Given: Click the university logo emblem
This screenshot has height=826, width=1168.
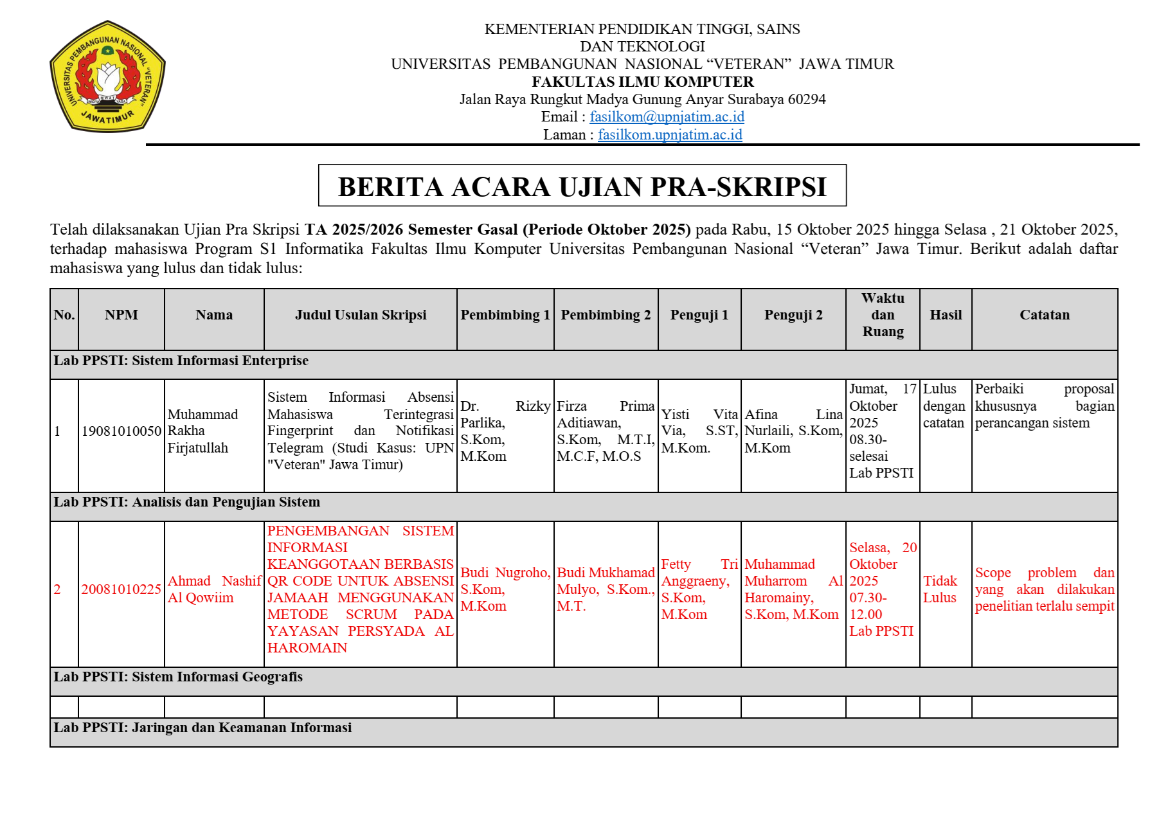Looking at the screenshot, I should (x=107, y=76).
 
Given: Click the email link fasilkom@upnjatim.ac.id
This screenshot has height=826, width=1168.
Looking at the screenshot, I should (x=667, y=117).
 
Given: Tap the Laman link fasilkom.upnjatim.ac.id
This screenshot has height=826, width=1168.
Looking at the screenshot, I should (x=670, y=135).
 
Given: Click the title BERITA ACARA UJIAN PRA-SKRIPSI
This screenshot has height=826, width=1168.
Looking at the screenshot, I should (x=582, y=186).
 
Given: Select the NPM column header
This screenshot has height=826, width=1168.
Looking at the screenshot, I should (x=121, y=315).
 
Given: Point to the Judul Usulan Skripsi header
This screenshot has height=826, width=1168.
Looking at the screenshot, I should (x=361, y=315).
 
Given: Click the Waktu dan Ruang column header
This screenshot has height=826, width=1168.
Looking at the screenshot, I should (x=883, y=315).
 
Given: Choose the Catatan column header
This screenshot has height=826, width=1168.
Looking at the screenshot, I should (x=1045, y=315).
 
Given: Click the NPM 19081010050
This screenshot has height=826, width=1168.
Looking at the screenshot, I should (x=121, y=431).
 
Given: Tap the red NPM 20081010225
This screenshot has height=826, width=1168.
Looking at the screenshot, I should (x=121, y=589).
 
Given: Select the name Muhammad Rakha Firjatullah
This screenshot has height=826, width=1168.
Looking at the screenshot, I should (x=202, y=431).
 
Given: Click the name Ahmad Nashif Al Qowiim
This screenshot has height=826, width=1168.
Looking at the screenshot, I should (x=214, y=589).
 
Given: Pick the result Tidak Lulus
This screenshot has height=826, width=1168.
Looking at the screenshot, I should (x=940, y=589).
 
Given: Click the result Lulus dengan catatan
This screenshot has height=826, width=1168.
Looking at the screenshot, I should (x=944, y=406).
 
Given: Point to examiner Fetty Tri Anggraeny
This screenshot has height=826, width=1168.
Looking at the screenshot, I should (x=699, y=589).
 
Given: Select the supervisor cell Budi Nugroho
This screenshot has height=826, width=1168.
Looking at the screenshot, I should (x=505, y=589).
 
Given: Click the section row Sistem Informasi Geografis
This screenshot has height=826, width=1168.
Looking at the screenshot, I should (x=178, y=677).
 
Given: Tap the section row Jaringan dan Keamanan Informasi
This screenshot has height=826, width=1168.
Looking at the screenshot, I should (x=202, y=728).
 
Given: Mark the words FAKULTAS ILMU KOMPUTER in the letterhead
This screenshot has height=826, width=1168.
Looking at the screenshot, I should (x=643, y=82).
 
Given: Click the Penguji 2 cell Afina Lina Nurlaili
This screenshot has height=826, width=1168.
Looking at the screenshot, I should (x=793, y=431).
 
